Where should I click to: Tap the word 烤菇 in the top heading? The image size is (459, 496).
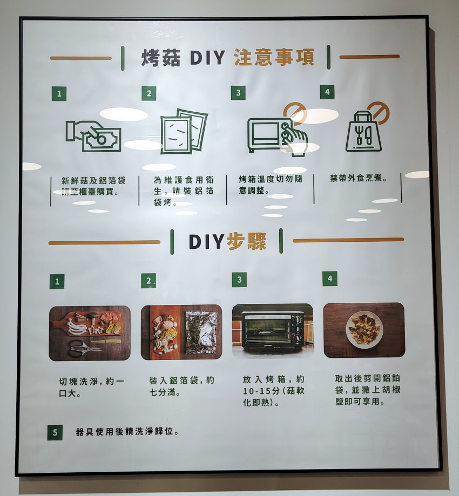[161, 58]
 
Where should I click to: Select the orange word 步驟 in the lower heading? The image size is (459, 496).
[247, 242]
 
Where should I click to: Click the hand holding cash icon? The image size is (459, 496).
[93, 135]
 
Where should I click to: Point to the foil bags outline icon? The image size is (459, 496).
[184, 131]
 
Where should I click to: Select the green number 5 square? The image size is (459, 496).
[55, 432]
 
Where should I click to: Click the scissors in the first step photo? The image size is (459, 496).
[86, 348]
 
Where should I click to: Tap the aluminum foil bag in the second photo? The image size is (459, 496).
[201, 332]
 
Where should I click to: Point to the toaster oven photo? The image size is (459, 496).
[273, 331]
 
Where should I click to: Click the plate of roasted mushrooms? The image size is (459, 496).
[364, 330]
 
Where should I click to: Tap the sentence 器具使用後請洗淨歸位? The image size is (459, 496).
[127, 431]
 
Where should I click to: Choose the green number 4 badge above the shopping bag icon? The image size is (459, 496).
[327, 92]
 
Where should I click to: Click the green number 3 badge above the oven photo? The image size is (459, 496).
[239, 280]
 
